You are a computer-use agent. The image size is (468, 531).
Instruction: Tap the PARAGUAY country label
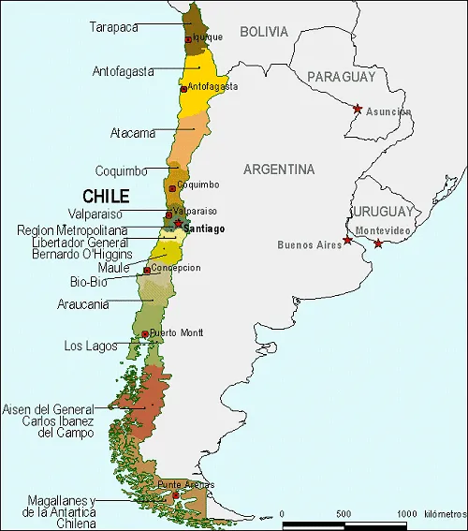pos(341,76)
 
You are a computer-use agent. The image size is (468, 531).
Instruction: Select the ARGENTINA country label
pos(278,170)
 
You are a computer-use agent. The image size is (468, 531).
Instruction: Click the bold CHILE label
pos(106,197)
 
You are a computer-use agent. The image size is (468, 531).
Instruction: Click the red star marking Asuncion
pos(357,110)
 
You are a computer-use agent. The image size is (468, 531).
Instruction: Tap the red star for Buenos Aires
pos(347,241)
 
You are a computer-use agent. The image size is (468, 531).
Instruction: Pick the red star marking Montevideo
pos(378,243)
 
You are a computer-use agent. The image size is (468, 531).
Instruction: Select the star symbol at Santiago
pos(177,224)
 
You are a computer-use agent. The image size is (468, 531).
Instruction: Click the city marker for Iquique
pos(188,39)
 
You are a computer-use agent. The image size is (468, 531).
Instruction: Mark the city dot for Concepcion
pos(147,270)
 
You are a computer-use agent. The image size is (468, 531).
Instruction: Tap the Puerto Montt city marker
pos(145,333)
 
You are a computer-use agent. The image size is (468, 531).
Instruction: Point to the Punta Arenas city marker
pos(175,494)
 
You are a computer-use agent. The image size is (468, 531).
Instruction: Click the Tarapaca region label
pos(114,27)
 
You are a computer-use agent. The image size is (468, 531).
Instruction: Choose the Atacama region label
pos(132,132)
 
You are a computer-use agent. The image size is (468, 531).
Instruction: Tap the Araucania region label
pos(82,303)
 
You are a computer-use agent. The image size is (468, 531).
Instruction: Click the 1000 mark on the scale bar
pos(407,514)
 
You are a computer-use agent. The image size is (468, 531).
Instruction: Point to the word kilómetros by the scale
pos(445,514)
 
